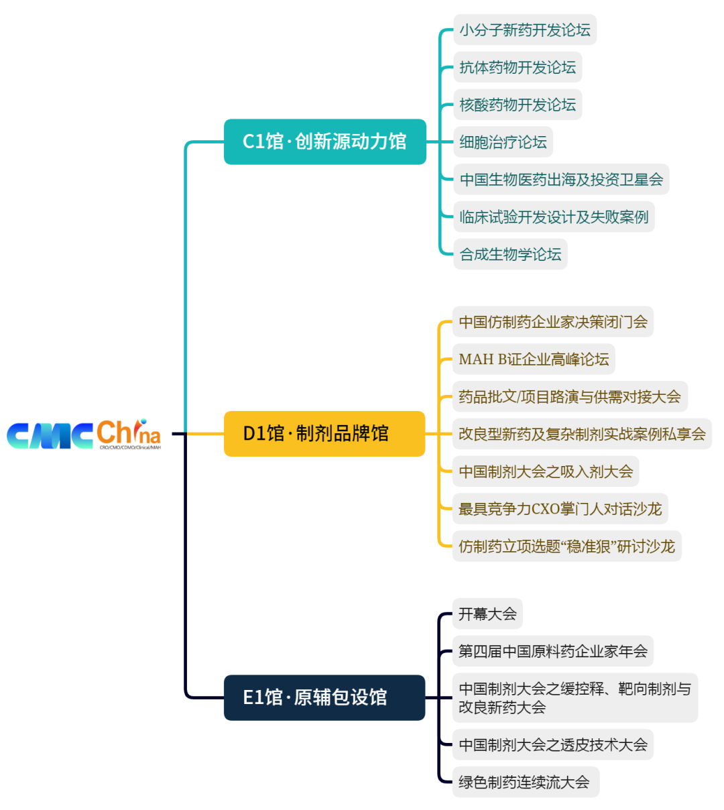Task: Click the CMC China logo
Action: point(84,435)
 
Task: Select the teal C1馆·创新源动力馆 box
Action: point(324,141)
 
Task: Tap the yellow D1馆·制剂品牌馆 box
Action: point(324,434)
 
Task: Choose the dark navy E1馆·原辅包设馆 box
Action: point(324,697)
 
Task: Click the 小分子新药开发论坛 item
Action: point(525,30)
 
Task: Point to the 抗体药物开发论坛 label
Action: point(518,68)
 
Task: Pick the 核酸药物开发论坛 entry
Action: point(518,105)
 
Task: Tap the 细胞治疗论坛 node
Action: point(503,142)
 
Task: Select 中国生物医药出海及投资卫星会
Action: point(561,180)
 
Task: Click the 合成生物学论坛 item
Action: point(510,255)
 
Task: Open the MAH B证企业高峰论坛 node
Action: point(534,359)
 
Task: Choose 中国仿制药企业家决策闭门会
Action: point(553,322)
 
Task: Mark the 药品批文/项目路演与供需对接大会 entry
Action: point(570,397)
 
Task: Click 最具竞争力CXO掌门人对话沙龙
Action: point(560,509)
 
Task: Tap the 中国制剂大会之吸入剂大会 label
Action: point(546,471)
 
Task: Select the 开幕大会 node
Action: point(487,614)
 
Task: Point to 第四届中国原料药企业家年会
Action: point(553,651)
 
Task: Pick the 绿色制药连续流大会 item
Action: point(524,782)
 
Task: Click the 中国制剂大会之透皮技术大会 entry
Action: point(553,744)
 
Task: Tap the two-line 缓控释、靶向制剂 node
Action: point(575,698)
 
